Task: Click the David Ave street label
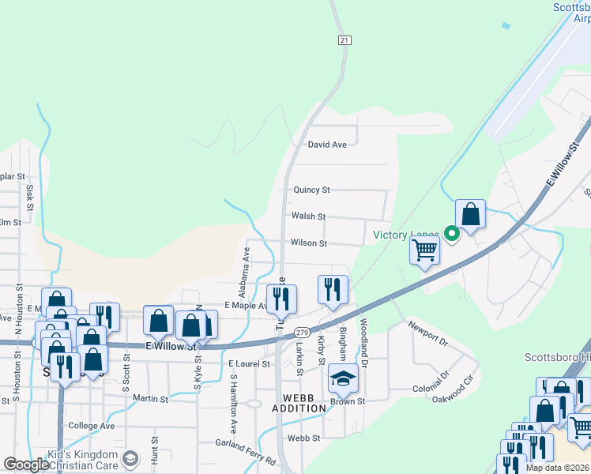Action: (327, 145)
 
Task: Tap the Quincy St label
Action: (311, 190)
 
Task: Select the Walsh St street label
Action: (308, 216)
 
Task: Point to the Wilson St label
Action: (309, 243)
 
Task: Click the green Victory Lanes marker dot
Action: (451, 233)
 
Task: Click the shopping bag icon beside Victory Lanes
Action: (471, 213)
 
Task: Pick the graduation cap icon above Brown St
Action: (344, 379)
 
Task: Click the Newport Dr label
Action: (427, 333)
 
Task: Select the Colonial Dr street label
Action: (431, 381)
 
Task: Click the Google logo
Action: (25, 465)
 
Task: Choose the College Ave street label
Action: (92, 426)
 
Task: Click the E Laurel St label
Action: (249, 364)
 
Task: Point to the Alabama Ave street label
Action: (246, 266)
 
